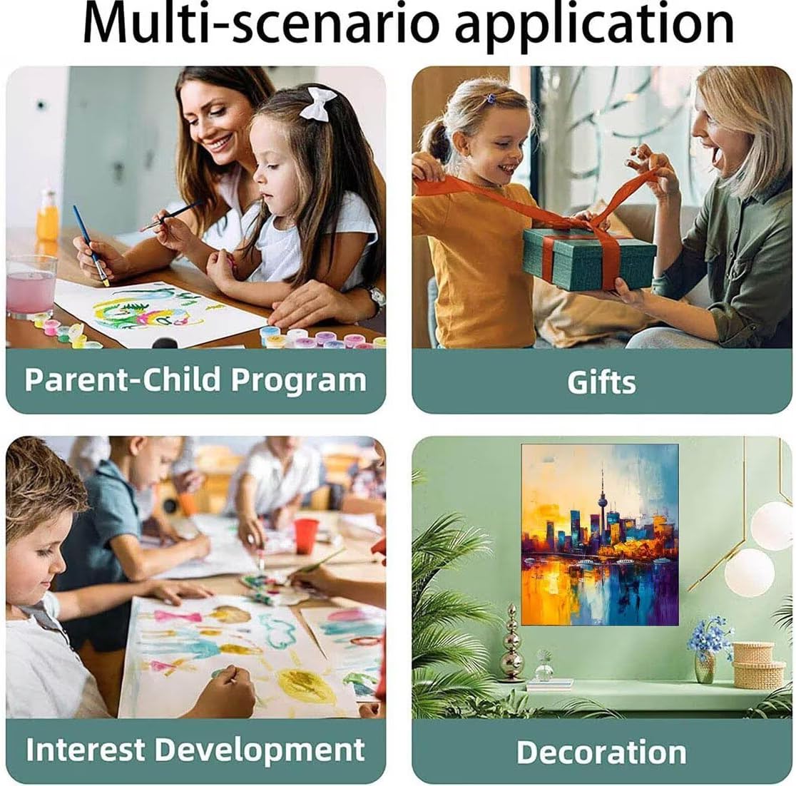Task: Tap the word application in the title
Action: click(594, 26)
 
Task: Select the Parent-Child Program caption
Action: click(195, 379)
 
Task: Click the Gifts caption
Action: click(601, 382)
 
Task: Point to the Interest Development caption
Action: click(195, 750)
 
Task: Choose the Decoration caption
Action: click(601, 752)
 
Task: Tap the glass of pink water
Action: click(31, 287)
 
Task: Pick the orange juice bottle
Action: click(48, 217)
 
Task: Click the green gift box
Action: click(589, 259)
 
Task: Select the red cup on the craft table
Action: click(305, 536)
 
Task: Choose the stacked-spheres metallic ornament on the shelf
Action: click(511, 644)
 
